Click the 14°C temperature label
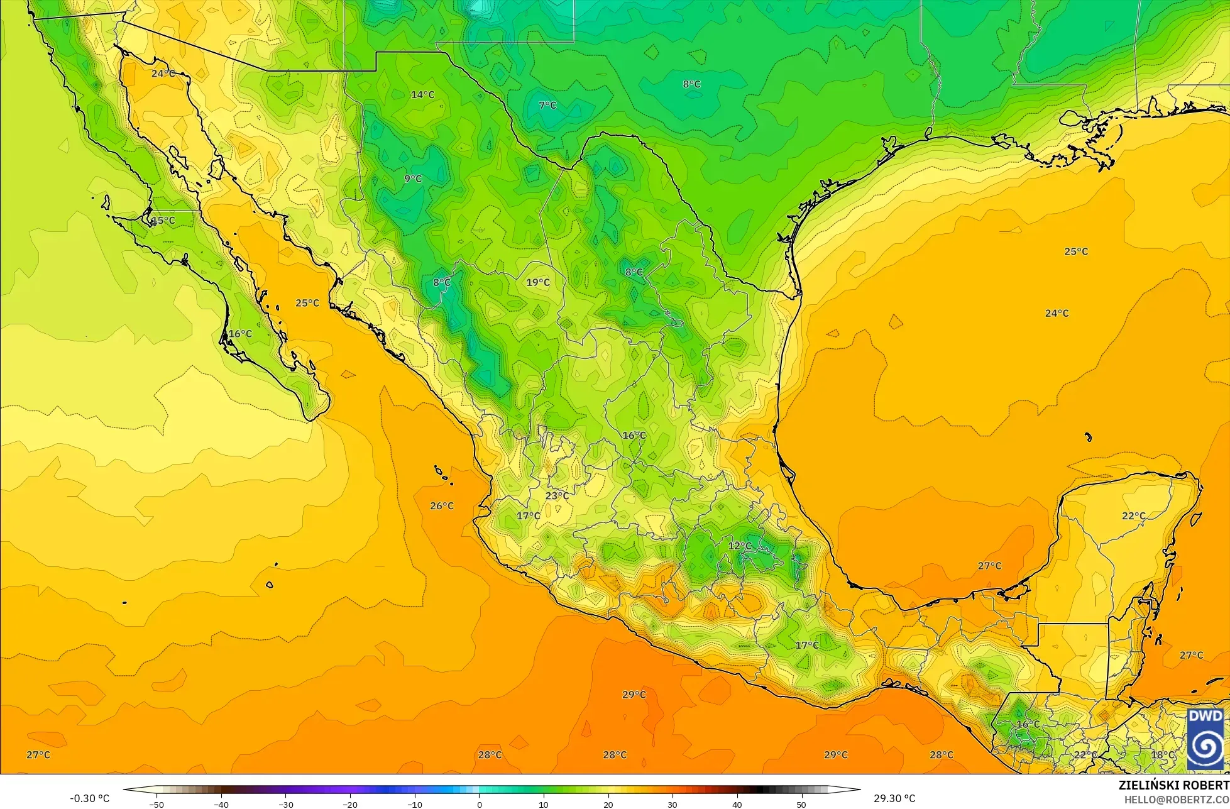(x=422, y=95)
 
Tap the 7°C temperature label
(x=547, y=105)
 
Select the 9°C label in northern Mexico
(x=412, y=179)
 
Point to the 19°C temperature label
(x=538, y=282)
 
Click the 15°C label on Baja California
(x=163, y=220)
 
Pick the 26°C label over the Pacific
(x=441, y=505)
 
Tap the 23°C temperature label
(x=557, y=495)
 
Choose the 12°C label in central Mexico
(x=740, y=546)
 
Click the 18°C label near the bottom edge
(x=1162, y=754)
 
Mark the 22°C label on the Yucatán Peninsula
(x=1133, y=515)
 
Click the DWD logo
(x=1205, y=739)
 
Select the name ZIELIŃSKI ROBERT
(x=1173, y=785)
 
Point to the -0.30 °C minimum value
(x=89, y=798)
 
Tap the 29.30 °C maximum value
(x=894, y=798)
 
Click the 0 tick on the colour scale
(x=479, y=804)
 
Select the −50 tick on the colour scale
(x=156, y=804)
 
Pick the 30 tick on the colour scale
(x=672, y=804)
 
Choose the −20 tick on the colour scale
(x=350, y=804)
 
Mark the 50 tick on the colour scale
(x=801, y=804)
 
